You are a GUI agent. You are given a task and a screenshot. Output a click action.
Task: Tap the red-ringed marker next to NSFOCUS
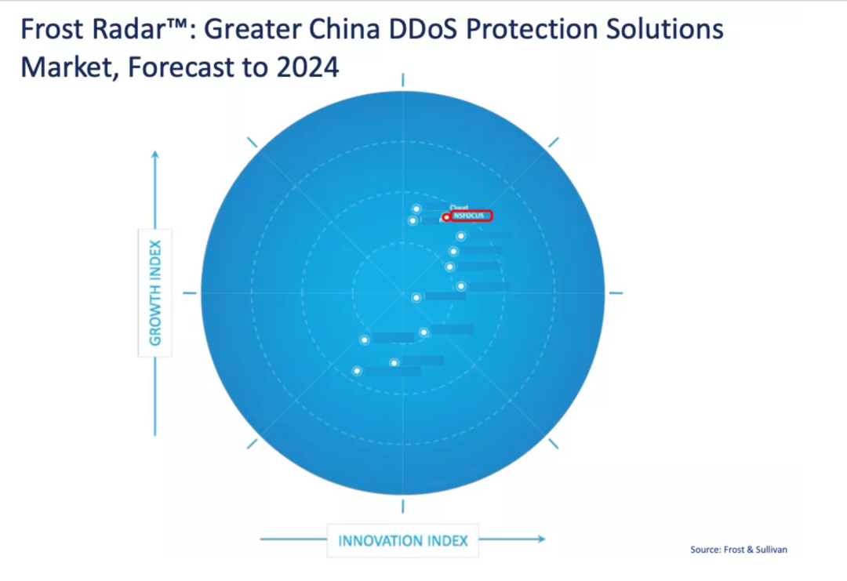(446, 217)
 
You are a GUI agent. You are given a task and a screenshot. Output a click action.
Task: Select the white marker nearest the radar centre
(416, 297)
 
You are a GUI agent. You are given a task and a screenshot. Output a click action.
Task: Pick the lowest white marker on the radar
(358, 371)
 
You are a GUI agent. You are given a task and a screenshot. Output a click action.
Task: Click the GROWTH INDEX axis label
(155, 292)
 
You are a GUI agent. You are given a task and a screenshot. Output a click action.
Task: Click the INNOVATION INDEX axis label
(403, 540)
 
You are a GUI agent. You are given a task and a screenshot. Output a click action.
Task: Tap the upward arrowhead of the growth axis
(155, 154)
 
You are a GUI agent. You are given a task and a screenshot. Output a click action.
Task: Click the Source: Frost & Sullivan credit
(738, 550)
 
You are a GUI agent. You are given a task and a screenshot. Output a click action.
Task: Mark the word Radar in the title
(121, 31)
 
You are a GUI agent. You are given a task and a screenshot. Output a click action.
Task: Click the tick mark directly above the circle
(402, 79)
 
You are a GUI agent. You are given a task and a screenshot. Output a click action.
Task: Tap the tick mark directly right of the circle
(616, 293)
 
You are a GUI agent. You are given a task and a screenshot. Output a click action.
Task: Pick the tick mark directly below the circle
(402, 506)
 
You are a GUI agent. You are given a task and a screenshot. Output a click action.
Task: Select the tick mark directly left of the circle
(190, 293)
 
